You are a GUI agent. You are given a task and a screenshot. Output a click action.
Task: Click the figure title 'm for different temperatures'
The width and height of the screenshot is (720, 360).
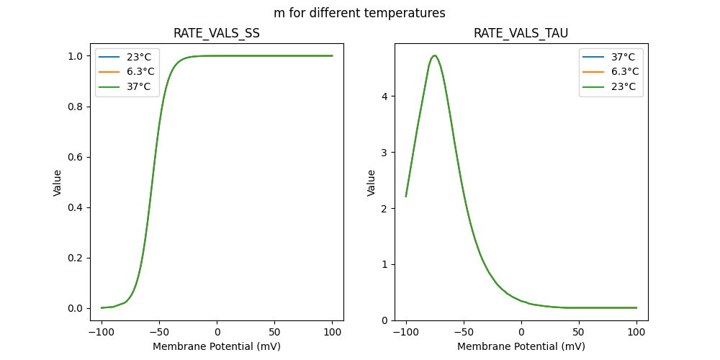point(359,13)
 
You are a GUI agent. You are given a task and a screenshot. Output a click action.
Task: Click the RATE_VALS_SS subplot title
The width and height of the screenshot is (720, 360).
point(217,34)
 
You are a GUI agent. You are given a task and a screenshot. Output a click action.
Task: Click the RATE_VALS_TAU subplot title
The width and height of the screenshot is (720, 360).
point(521,34)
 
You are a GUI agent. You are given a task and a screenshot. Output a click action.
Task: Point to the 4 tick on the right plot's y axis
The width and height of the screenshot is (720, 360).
point(385,96)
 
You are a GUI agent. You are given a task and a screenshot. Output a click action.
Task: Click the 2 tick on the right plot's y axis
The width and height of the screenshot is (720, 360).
point(385,209)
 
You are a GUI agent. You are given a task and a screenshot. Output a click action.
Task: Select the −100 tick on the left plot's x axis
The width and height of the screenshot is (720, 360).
point(102,333)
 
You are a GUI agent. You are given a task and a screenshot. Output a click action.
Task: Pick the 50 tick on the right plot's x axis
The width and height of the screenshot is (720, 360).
point(579,333)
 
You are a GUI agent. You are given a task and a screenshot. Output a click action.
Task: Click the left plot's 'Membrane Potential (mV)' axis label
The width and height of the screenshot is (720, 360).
point(217,346)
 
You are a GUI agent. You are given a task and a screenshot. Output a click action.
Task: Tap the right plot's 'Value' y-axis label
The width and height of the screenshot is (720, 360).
point(372,183)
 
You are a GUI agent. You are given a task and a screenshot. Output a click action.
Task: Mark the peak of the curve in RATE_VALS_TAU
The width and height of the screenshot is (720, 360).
point(434,55)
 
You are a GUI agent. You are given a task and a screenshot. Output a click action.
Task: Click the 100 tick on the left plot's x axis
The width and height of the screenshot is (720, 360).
point(333,333)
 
